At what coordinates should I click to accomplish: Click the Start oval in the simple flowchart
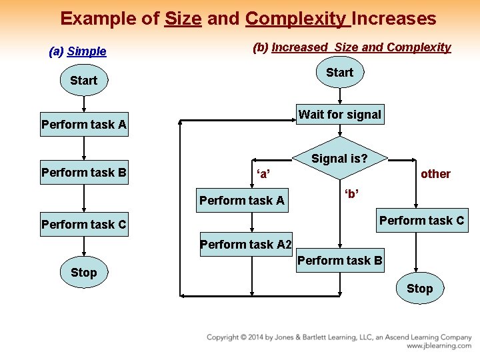click(x=83, y=81)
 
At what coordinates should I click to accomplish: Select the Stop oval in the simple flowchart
click(x=83, y=272)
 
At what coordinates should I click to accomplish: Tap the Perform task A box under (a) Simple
click(x=83, y=125)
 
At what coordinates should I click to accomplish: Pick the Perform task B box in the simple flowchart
click(x=83, y=173)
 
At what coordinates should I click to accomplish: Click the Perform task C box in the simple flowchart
click(x=83, y=225)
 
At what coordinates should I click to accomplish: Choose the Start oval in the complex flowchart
click(x=339, y=73)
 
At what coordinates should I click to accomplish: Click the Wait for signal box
click(x=339, y=115)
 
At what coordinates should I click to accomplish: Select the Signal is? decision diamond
click(x=339, y=159)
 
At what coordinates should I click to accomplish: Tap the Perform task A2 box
click(x=245, y=245)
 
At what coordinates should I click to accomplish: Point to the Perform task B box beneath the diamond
click(x=339, y=261)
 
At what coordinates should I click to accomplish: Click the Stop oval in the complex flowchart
click(x=419, y=289)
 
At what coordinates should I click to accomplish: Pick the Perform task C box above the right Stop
click(x=421, y=221)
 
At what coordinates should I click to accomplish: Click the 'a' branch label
click(x=263, y=175)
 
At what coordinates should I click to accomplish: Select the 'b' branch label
click(x=351, y=194)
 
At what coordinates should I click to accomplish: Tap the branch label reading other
click(x=435, y=174)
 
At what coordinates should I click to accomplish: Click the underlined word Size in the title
click(x=183, y=19)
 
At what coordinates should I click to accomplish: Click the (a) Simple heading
click(x=77, y=51)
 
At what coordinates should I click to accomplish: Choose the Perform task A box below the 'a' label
click(x=241, y=201)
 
